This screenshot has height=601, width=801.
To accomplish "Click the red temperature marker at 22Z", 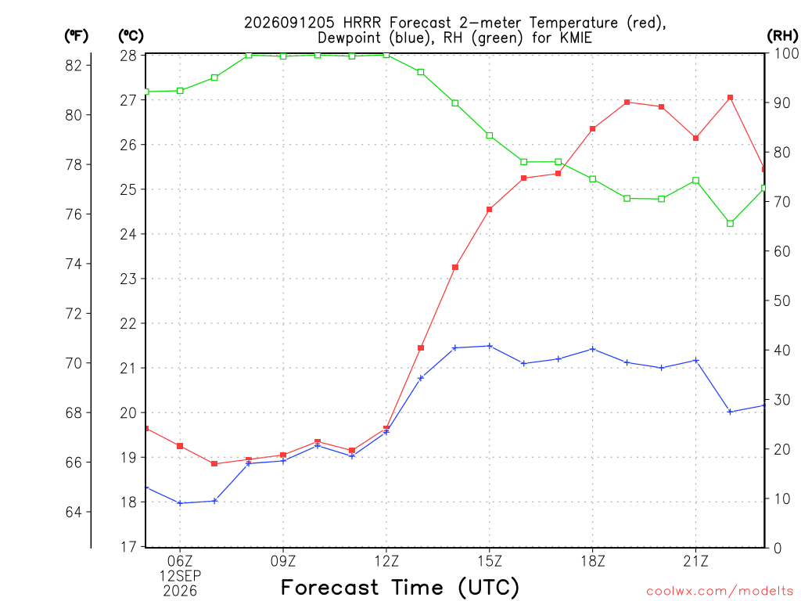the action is point(730,98).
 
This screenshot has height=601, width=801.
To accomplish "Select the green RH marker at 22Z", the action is point(730,223).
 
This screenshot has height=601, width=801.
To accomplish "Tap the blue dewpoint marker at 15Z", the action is point(490,346).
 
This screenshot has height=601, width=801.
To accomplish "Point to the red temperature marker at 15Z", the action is point(490,210).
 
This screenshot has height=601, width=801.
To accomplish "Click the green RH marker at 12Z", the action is point(386,55).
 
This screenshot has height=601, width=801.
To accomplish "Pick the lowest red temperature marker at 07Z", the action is point(214,463).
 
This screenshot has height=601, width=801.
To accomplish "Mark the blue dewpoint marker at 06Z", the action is point(180,503).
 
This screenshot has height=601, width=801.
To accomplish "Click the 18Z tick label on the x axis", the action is point(593,562).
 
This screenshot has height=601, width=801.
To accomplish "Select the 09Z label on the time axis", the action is point(283,562).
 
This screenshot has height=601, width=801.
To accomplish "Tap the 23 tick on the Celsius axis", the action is point(128,279).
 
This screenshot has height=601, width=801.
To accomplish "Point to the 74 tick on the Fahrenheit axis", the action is point(74,265).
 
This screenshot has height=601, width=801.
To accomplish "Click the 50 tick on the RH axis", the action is point(781,300).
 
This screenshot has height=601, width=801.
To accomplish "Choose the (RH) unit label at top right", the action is point(782,36).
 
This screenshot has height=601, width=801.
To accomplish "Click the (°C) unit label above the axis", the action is point(131,36).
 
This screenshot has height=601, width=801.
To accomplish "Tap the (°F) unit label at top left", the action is point(76,36).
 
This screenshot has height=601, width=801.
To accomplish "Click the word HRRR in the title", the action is point(361,23).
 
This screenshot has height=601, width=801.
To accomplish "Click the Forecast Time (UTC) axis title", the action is point(400,588).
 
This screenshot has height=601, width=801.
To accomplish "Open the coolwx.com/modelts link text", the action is point(720,592).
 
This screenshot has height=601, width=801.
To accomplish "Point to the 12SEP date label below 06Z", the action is point(180,576).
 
